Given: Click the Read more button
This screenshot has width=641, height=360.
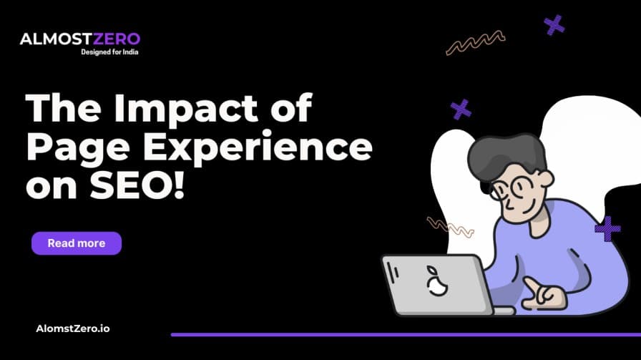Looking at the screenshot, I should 77,243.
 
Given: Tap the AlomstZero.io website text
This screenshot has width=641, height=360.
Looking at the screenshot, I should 73,329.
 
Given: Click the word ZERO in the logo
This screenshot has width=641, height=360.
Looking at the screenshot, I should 116,39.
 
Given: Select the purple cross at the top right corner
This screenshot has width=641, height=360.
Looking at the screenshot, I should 554,25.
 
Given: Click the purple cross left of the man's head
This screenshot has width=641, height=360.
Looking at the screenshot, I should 461,110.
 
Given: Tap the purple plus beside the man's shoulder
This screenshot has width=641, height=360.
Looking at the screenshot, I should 607,228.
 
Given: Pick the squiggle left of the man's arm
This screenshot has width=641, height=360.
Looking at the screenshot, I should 450,227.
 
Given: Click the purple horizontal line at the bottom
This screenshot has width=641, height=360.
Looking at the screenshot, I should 405,334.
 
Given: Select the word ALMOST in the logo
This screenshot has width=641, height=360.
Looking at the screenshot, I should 51,39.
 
